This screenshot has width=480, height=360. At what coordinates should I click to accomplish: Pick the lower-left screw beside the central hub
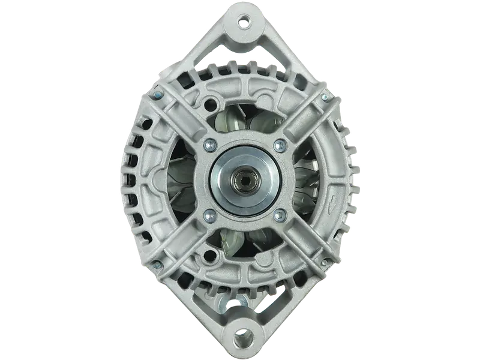208,215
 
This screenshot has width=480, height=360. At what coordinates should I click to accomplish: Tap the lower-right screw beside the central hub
278,215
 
